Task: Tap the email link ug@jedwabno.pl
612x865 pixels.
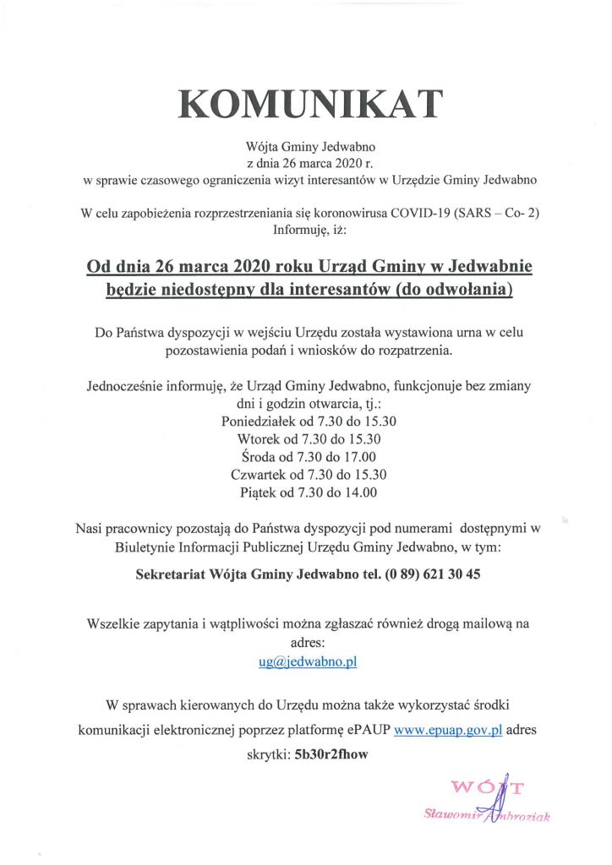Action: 308,661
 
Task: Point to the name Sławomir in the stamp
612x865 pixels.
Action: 452,814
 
